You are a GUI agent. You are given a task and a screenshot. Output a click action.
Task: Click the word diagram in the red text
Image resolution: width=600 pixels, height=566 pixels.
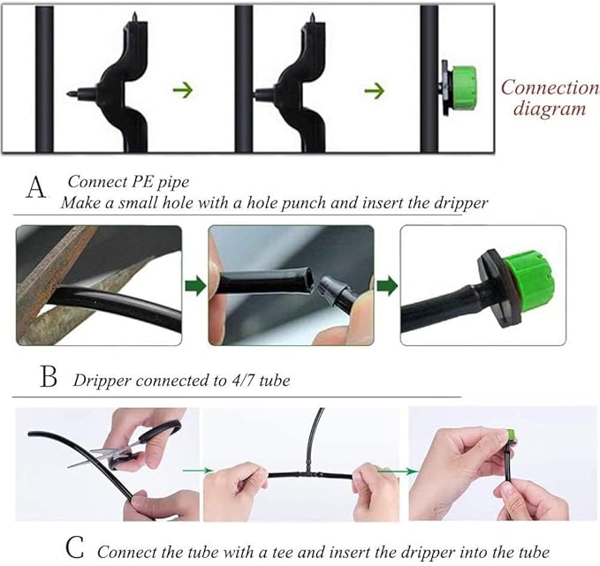pyautogui.click(x=550, y=109)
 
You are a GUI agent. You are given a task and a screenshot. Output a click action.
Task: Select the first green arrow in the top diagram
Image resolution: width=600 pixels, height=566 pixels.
pyautogui.click(x=182, y=89)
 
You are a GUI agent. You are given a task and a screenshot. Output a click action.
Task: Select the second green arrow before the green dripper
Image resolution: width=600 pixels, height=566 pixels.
pyautogui.click(x=376, y=89)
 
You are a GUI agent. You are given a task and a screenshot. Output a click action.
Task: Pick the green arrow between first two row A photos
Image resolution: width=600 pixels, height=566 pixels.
pyautogui.click(x=194, y=285)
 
